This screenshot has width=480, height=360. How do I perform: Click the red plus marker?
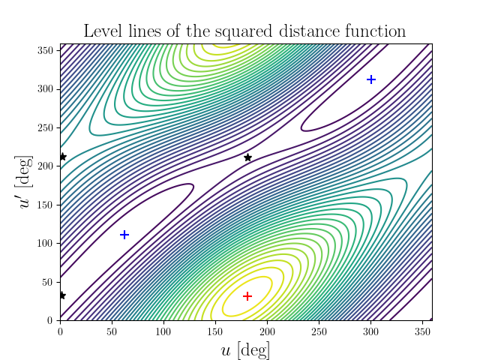click(247, 296)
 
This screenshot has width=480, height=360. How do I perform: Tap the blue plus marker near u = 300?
click(370, 79)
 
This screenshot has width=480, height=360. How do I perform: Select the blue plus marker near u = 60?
click(124, 235)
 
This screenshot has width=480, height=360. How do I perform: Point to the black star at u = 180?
click(247, 157)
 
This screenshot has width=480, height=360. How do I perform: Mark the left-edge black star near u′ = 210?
click(63, 157)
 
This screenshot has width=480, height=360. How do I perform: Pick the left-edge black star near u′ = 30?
click(62, 295)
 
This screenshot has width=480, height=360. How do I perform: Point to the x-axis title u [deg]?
click(245, 349)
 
